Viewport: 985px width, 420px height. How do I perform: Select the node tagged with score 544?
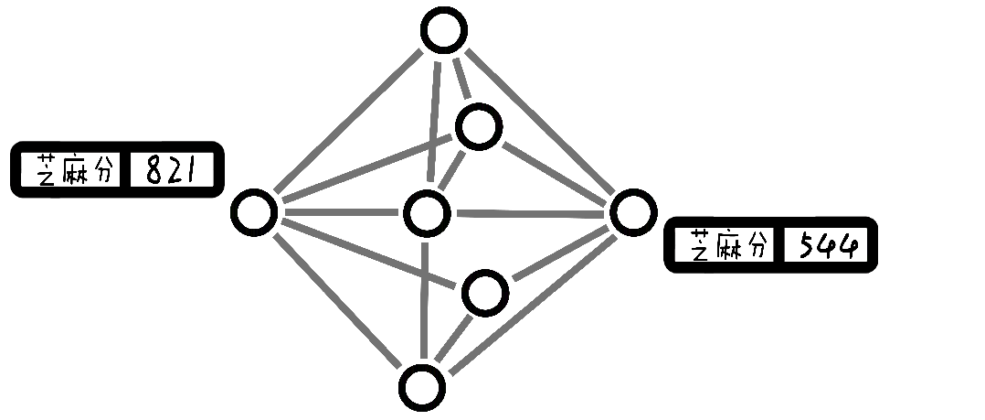[632, 212]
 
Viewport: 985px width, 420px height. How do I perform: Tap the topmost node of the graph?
[444, 30]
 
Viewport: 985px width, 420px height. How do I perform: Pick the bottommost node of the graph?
[422, 387]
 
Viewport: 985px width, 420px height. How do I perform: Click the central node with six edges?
[426, 214]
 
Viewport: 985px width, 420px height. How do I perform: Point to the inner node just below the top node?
[479, 127]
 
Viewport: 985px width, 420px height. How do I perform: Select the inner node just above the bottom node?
[484, 293]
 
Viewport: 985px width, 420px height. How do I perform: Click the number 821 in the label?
[172, 169]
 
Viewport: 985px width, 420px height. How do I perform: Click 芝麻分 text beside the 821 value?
[76, 169]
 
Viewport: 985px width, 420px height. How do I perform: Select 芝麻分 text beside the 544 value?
[728, 245]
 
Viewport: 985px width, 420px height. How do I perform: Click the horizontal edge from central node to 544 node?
[530, 214]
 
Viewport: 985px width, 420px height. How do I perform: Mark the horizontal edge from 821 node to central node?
[340, 213]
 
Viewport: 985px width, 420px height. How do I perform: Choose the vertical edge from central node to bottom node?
[424, 302]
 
